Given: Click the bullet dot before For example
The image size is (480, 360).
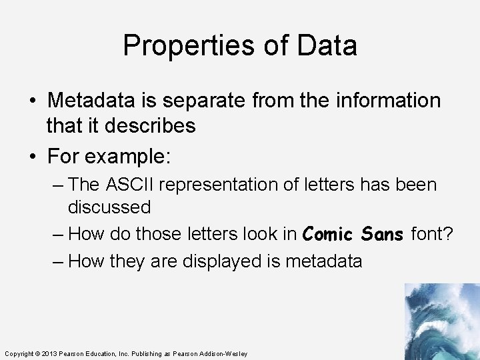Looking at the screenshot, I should pyautogui.click(x=33, y=158).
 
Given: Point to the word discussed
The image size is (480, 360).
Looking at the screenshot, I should pyautogui.click(x=109, y=207).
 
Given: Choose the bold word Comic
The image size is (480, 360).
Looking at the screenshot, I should pyautogui.click(x=329, y=234).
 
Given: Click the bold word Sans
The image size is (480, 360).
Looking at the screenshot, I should pyautogui.click(x=382, y=234).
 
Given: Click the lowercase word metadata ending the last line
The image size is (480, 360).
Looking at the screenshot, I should pyautogui.click(x=323, y=261).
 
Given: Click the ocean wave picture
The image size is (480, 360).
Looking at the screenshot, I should pyautogui.click(x=441, y=321).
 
